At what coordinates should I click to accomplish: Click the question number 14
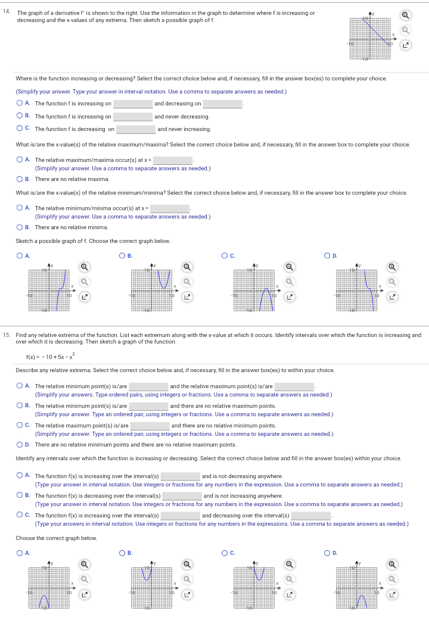[7, 13]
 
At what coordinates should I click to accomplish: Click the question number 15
[7, 335]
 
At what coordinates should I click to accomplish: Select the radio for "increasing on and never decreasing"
[20, 117]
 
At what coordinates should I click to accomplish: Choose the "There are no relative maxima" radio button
[20, 179]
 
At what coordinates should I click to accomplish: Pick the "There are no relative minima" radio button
[20, 227]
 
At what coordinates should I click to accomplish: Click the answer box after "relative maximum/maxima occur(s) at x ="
[172, 161]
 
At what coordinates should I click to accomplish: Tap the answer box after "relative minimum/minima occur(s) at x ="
[169, 209]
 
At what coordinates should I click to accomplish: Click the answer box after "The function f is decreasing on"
[135, 129]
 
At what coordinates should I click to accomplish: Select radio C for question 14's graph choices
[224, 256]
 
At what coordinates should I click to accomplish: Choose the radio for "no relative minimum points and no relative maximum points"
[20, 445]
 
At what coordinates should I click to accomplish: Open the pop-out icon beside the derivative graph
[405, 45]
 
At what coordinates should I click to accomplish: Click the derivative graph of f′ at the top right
[370, 36]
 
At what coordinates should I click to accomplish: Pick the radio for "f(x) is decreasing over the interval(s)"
[20, 496]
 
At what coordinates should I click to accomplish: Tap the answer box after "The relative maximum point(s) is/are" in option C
[150, 426]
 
